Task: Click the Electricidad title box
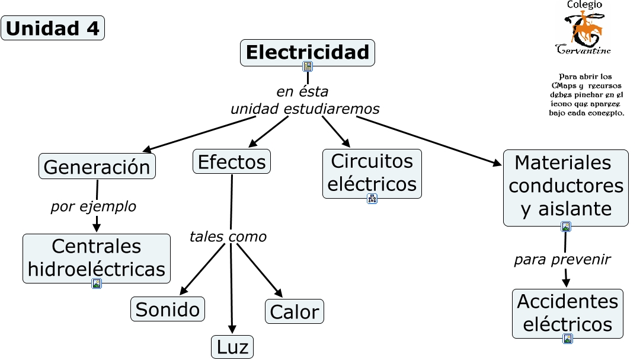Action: pyautogui.click(x=308, y=53)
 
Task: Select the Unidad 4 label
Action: pyautogui.click(x=53, y=28)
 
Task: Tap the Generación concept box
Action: pyautogui.click(x=97, y=166)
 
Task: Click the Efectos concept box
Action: pyautogui.click(x=232, y=161)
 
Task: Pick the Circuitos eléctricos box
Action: pyautogui.click(x=372, y=174)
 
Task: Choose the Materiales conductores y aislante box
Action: pyautogui.click(x=566, y=187)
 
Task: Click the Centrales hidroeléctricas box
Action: pyautogui.click(x=97, y=259)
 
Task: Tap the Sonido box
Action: pyautogui.click(x=167, y=309)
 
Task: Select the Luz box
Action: pyautogui.click(x=232, y=348)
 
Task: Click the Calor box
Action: pyautogui.click(x=295, y=311)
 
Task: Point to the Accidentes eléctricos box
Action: pyautogui.click(x=568, y=314)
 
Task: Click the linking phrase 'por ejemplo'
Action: pyautogui.click(x=94, y=206)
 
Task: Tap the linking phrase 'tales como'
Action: pyautogui.click(x=228, y=237)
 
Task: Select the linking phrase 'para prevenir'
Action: pyautogui.click(x=562, y=259)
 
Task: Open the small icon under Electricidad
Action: pyautogui.click(x=308, y=66)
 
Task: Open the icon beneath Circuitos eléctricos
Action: pyautogui.click(x=372, y=199)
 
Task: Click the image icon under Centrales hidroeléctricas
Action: pyautogui.click(x=97, y=283)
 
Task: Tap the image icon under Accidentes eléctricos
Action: pyautogui.click(x=568, y=339)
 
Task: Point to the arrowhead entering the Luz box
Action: pyautogui.click(x=232, y=329)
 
